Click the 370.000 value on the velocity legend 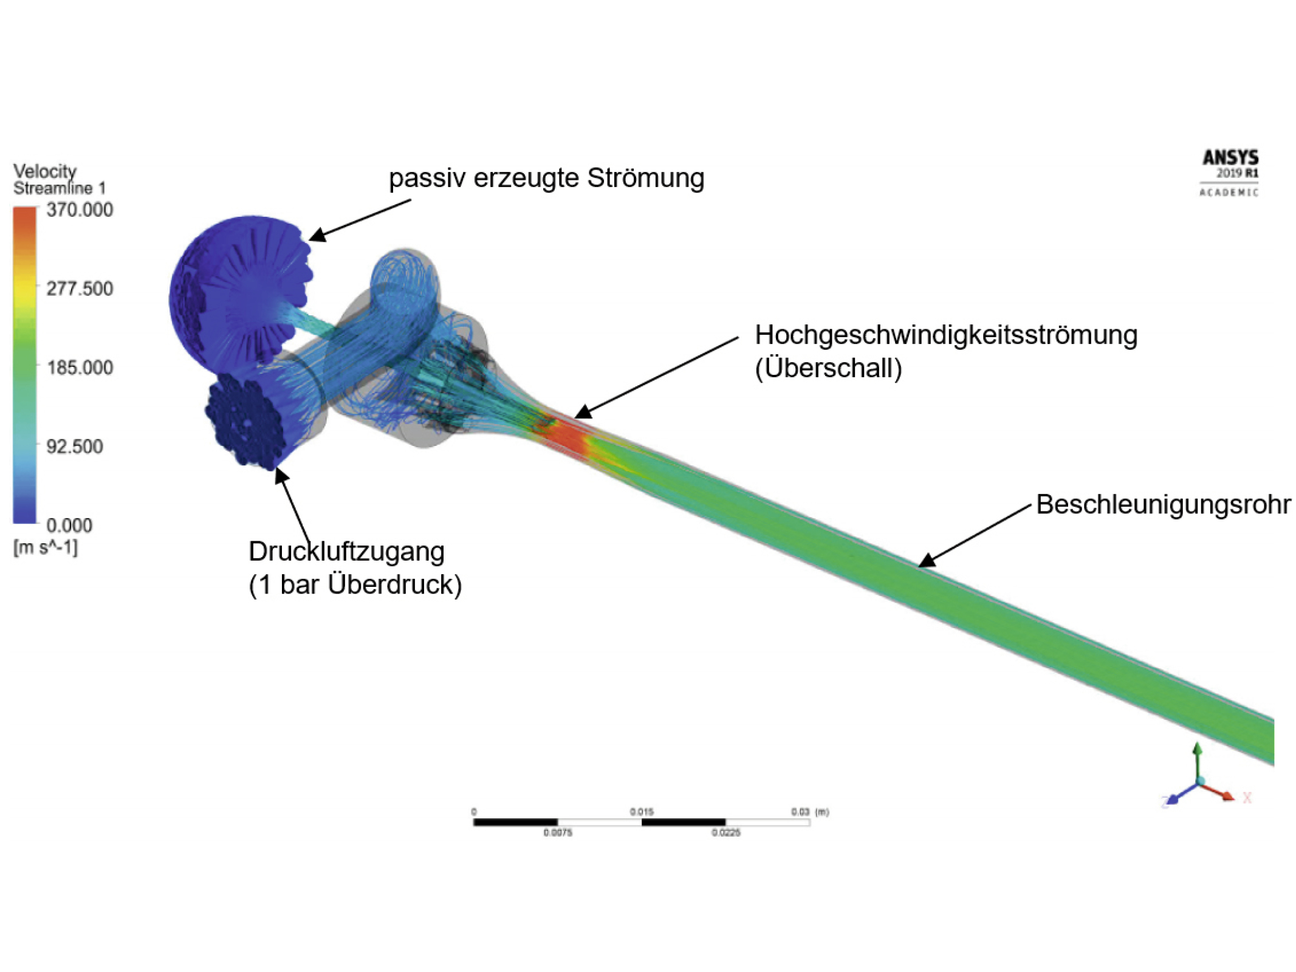coord(80,210)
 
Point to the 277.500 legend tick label coord(80,289)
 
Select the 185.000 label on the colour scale coord(80,368)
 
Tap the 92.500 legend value coord(75,447)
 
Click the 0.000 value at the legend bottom coord(69,525)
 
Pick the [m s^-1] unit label coord(46,547)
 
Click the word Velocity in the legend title coord(45,171)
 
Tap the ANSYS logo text coord(1230,158)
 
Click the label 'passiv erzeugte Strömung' coord(546,178)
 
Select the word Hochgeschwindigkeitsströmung coord(945,335)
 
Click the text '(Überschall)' coord(828,368)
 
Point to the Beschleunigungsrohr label coord(1163,504)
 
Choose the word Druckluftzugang coord(346,552)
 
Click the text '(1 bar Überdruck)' coord(355,584)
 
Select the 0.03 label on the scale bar coord(800,812)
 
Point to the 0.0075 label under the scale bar coord(557,833)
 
